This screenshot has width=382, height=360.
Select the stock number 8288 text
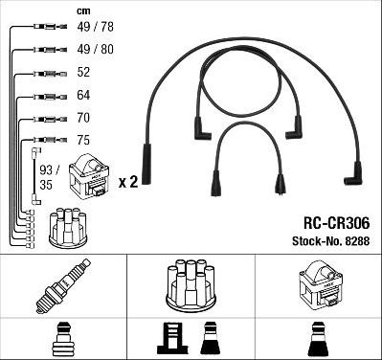click(326, 236)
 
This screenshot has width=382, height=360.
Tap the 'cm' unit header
click(82, 11)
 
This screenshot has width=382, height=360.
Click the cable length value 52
click(85, 73)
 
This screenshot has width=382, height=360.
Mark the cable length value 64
click(85, 96)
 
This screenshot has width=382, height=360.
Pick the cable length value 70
click(85, 118)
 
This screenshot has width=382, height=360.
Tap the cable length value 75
click(85, 139)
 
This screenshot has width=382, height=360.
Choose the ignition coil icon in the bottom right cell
click(318, 283)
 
